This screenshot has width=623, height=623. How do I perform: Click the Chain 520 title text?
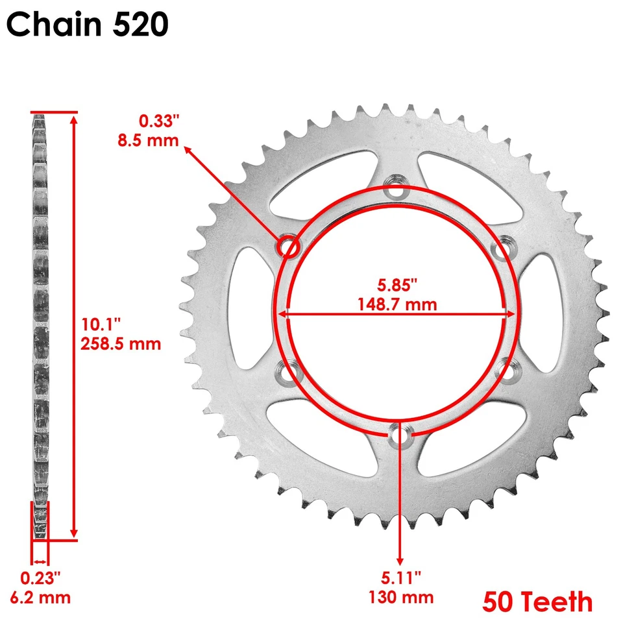[x=88, y=25]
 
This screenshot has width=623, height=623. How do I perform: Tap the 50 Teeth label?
[x=537, y=601]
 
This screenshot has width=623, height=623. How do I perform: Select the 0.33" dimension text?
[x=158, y=120]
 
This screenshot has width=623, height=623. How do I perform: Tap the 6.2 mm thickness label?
[x=45, y=596]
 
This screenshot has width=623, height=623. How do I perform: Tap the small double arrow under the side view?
[x=40, y=562]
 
